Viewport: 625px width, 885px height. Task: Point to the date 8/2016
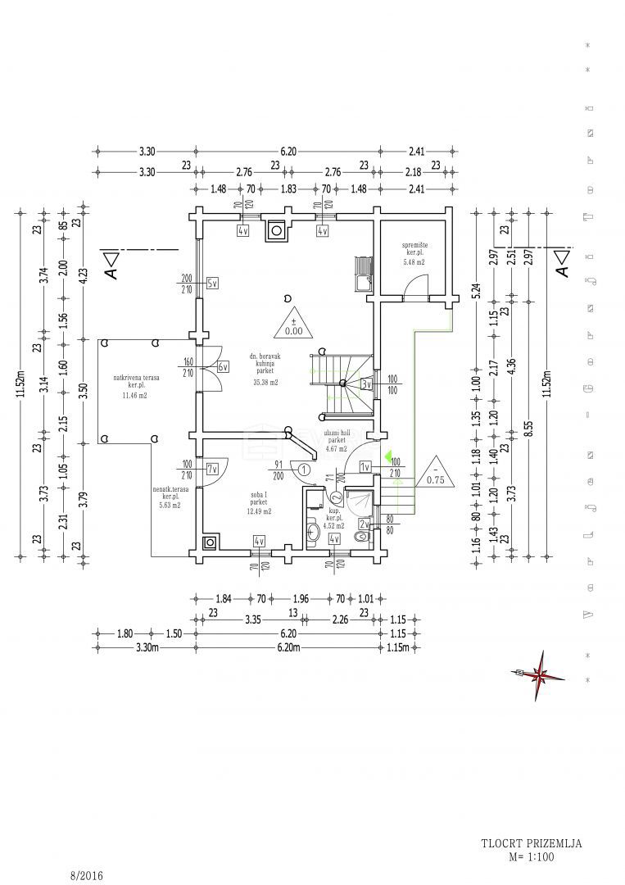pyautogui.click(x=87, y=876)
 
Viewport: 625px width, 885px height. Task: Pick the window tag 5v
pyautogui.click(x=213, y=284)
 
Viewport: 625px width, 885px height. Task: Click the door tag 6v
pyautogui.click(x=223, y=367)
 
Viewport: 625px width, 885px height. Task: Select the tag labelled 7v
pyautogui.click(x=212, y=470)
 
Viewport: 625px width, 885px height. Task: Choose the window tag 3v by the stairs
pyautogui.click(x=367, y=383)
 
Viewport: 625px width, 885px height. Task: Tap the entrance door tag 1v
pyautogui.click(x=365, y=467)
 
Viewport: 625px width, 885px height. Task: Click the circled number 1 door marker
pyautogui.click(x=304, y=470)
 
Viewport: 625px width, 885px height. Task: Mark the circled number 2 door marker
pyautogui.click(x=336, y=497)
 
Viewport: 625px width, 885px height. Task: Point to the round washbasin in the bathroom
pyautogui.click(x=313, y=533)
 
